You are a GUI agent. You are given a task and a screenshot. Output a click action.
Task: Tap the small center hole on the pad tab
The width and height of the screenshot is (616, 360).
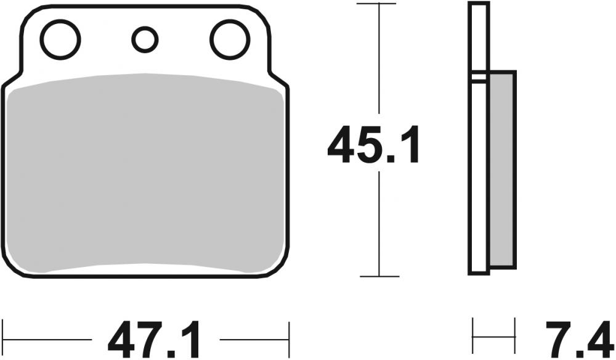click(x=145, y=39)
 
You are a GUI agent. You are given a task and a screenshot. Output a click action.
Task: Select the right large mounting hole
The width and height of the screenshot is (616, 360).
click(x=229, y=39)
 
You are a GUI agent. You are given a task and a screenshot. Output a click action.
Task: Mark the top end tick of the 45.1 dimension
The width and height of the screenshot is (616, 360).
click(x=377, y=4)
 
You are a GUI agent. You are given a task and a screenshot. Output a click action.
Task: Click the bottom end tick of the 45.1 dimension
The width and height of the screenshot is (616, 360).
click(x=377, y=276)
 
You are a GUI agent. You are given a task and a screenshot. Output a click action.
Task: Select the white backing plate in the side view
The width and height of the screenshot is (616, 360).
click(x=479, y=173)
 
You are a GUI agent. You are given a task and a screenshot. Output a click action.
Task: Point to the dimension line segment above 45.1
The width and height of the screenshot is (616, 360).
click(x=377, y=62)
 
